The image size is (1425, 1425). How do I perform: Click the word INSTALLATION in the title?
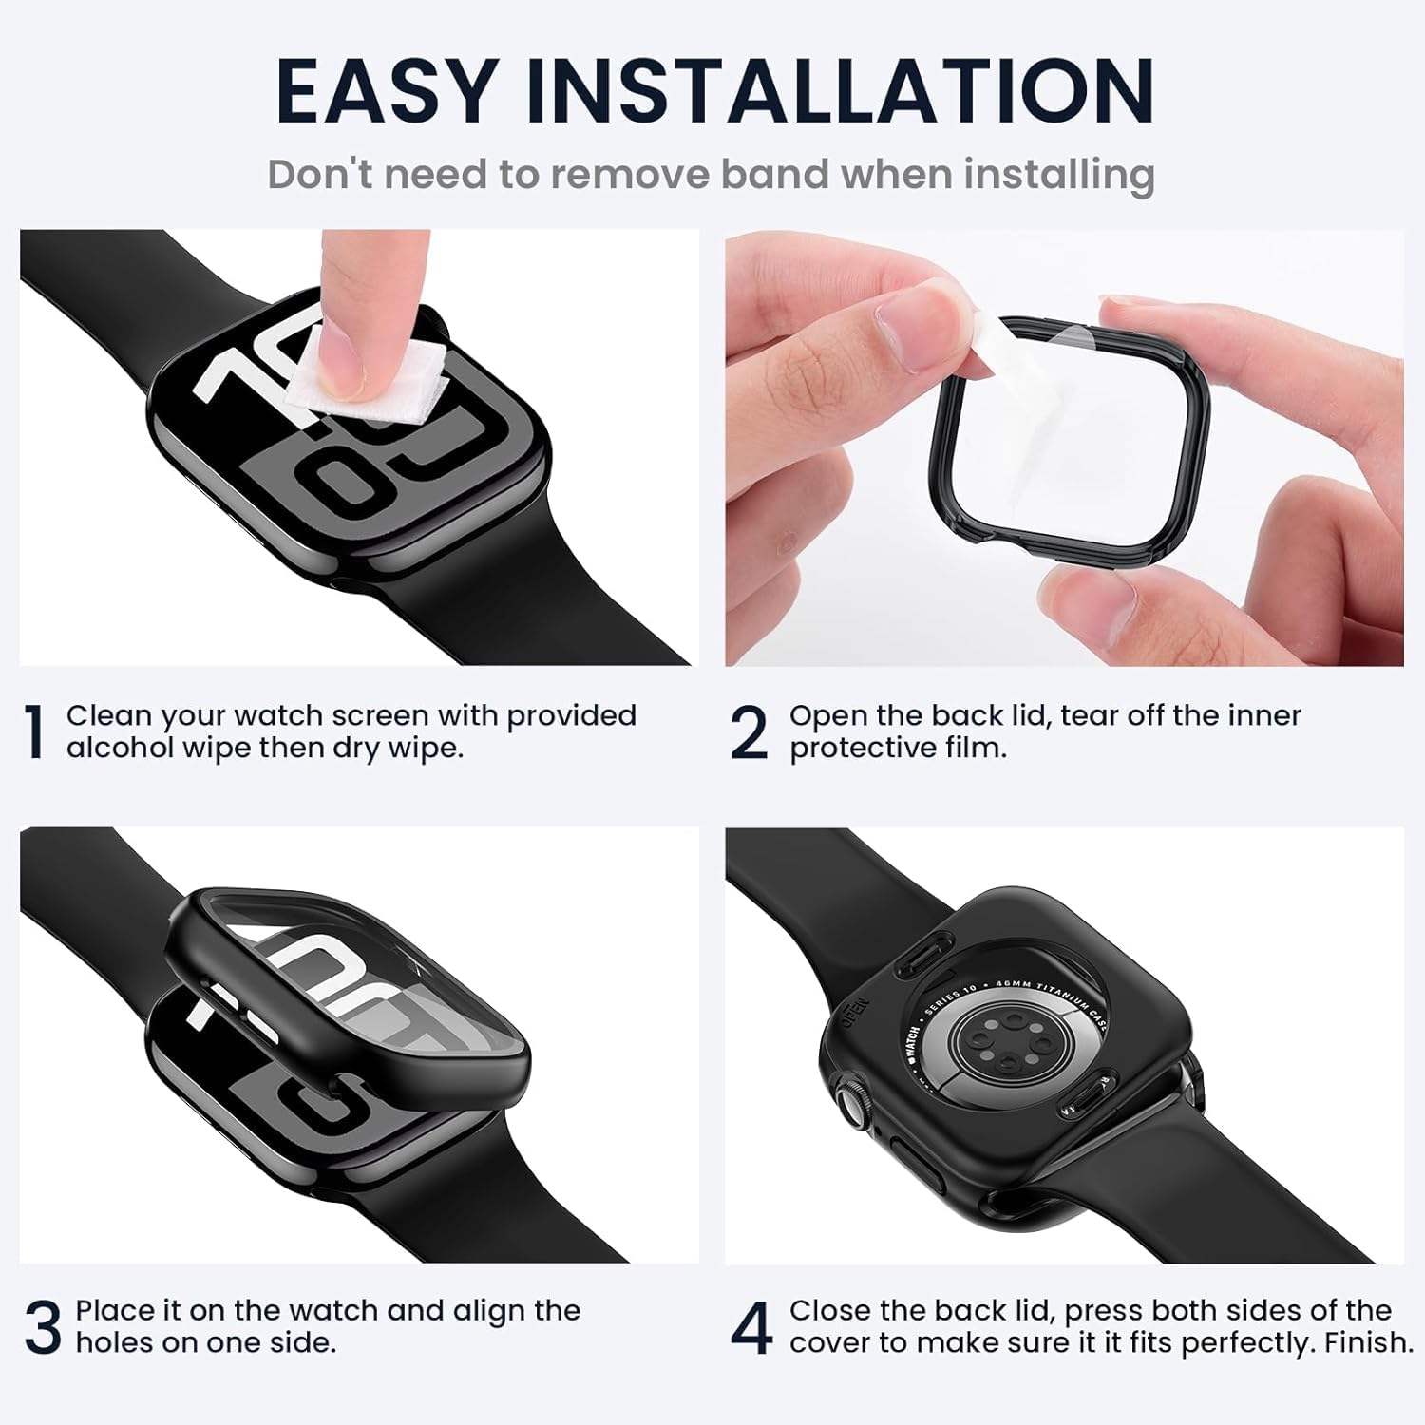pos(840,91)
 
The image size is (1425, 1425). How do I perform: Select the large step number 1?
pos(34,732)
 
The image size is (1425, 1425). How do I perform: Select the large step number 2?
pos(749,732)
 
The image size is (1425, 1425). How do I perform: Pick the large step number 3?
pos(42,1327)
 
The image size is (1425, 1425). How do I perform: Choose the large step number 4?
pos(750,1328)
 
